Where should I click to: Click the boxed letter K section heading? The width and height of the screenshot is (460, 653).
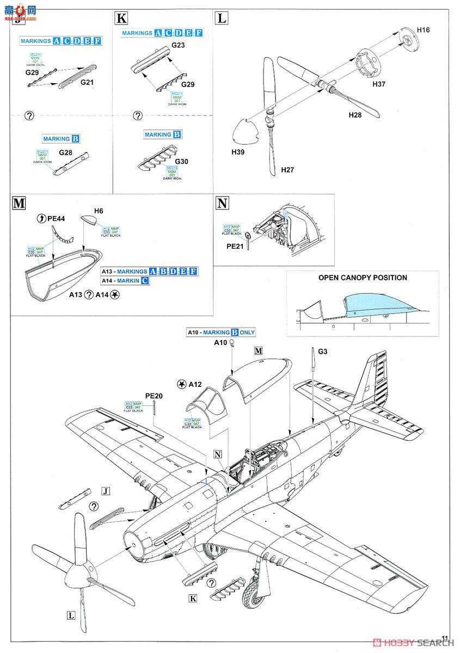coord(121,19)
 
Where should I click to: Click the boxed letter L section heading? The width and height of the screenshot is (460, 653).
coord(221,19)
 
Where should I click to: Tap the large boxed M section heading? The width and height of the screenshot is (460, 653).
coord(19,204)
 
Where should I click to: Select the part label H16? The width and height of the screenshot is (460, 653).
coord(423,30)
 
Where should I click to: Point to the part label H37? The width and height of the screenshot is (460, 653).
coord(379,84)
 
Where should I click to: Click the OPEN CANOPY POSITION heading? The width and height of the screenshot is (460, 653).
coord(363,278)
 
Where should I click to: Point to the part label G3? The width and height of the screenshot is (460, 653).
coord(323,352)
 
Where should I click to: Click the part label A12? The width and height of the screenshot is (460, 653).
coord(194,384)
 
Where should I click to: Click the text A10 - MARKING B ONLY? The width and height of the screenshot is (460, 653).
coord(220,332)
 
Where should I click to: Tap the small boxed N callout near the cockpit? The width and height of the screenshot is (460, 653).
coord(218,454)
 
